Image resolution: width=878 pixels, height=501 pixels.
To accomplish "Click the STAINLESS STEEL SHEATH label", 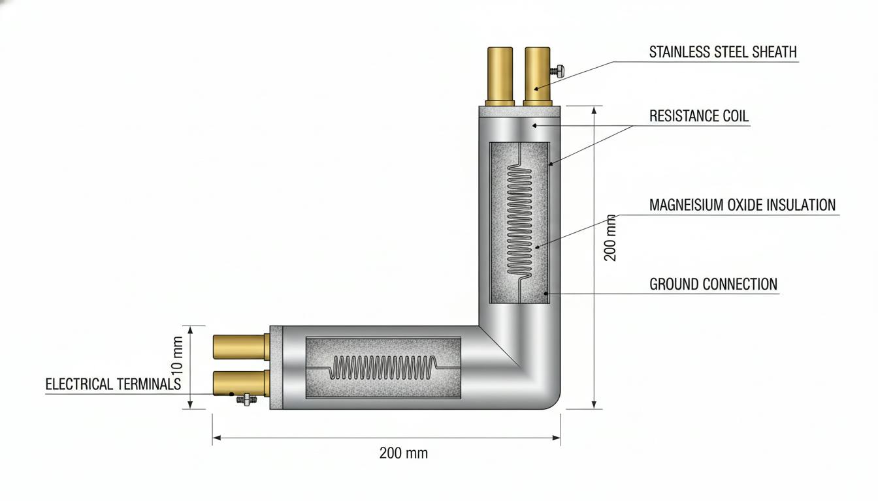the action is (x=723, y=52).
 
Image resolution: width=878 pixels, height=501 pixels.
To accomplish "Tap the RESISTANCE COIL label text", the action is (x=699, y=116).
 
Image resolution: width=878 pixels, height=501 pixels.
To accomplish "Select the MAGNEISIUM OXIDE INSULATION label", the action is (x=742, y=205).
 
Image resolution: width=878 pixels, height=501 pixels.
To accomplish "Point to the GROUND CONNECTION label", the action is (x=713, y=284).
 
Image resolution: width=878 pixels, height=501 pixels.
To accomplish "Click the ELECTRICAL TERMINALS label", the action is (x=113, y=384).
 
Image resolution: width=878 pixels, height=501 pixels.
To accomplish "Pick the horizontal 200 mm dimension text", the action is (x=403, y=453).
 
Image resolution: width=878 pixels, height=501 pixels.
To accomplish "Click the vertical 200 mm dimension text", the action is (x=610, y=237).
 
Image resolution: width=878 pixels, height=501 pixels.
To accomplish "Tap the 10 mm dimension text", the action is (x=177, y=355).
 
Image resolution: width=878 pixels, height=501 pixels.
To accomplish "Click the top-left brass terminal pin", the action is (x=500, y=76).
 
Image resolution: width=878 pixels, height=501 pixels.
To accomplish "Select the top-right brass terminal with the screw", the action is (x=538, y=76).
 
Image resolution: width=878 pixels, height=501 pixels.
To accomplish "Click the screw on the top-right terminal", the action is (x=557, y=71).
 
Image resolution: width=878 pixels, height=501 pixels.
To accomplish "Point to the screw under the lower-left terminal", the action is (x=246, y=400).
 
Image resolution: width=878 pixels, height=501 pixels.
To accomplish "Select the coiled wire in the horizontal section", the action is (x=383, y=367).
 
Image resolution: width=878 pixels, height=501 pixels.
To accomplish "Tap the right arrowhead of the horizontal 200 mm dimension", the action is (x=556, y=438).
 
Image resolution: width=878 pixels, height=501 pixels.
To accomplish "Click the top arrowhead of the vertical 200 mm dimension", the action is (x=594, y=110).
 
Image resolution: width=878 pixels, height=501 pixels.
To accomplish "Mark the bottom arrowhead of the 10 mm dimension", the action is (x=191, y=404).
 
